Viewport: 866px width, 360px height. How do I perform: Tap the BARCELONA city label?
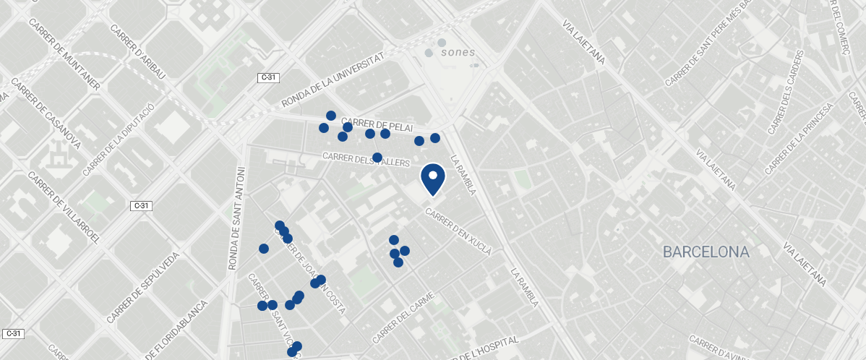pos(706,252)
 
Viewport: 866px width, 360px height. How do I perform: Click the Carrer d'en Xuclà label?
pos(458,232)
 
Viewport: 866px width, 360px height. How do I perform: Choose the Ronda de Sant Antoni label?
pos(237,218)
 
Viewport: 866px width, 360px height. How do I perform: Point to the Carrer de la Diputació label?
pos(119,139)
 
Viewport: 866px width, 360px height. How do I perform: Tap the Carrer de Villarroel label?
pos(64,207)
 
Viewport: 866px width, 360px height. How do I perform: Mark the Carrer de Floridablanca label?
pos(178,330)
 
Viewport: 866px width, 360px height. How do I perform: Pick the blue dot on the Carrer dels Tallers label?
pos(377,158)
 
